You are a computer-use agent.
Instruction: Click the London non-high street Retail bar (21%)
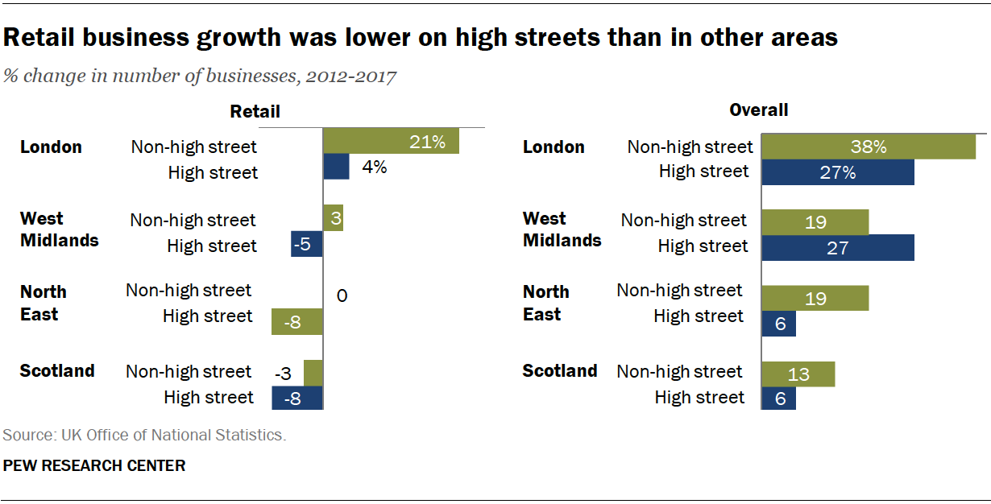[391, 142]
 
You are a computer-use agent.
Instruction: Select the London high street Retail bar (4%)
[336, 167]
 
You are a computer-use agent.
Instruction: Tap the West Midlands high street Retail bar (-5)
[307, 245]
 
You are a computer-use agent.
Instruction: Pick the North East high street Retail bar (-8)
[297, 322]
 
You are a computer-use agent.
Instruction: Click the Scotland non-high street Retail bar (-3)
[313, 373]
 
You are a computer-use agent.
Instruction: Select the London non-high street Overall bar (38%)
[869, 147]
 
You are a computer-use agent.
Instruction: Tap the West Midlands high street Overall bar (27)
[838, 248]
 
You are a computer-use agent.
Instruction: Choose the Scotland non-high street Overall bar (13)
[798, 374]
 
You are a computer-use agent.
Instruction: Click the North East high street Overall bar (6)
[779, 324]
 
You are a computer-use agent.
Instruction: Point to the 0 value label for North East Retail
[342, 296]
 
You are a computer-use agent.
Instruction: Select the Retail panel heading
[255, 111]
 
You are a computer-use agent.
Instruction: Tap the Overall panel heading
[758, 109]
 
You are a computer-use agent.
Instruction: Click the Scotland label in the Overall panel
[560, 371]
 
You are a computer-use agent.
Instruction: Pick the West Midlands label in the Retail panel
[60, 229]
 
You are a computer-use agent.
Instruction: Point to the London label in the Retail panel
[51, 147]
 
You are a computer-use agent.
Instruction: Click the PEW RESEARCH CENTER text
[94, 465]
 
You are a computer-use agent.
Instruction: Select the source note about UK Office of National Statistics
[144, 436]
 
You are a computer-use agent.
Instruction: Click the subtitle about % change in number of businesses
[200, 76]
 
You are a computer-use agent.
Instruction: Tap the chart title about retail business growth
[421, 37]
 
